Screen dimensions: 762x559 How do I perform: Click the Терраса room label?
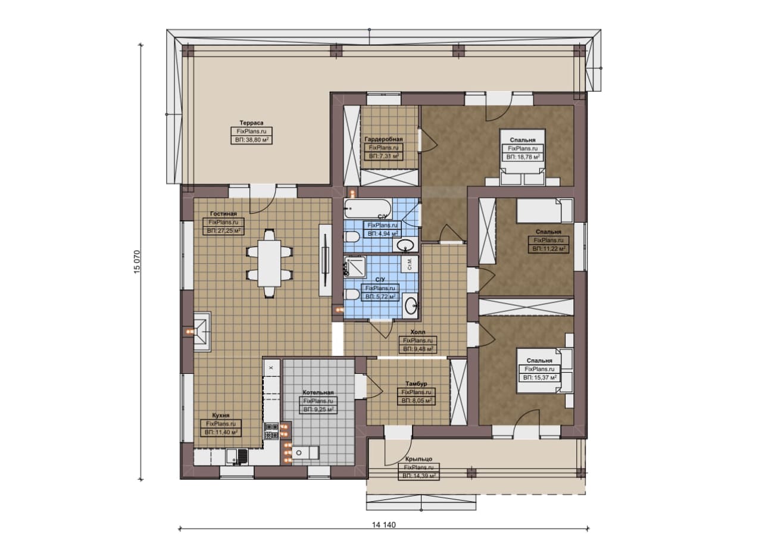click(x=251, y=123)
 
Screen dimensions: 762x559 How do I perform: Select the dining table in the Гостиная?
click(x=269, y=263)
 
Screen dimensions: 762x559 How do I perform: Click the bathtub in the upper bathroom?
click(x=367, y=208)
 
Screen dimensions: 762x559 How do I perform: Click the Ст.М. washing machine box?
click(x=410, y=264)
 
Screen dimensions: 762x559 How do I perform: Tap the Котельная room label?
click(x=318, y=393)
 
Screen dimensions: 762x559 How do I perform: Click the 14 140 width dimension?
click(x=384, y=525)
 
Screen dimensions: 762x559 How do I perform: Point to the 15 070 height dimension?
click(x=137, y=262)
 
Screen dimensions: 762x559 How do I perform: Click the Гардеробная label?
click(x=383, y=139)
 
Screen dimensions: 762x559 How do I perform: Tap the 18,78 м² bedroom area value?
click(x=523, y=157)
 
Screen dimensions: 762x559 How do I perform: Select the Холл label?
click(x=418, y=332)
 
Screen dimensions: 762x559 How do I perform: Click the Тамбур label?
click(x=416, y=383)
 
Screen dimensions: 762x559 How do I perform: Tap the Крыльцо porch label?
click(x=419, y=459)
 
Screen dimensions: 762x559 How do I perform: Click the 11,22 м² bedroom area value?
click(x=549, y=249)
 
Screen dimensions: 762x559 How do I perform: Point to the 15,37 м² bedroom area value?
click(x=539, y=377)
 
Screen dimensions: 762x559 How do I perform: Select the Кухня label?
click(x=221, y=416)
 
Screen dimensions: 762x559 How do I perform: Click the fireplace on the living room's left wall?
click(x=202, y=332)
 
